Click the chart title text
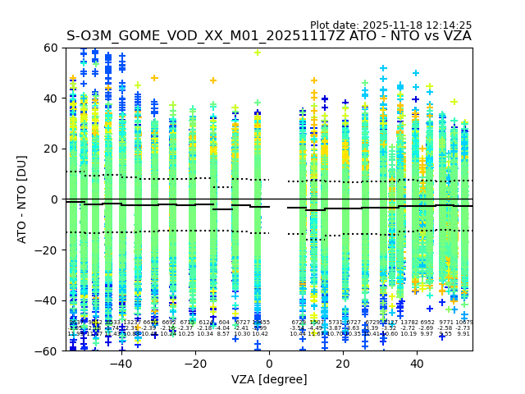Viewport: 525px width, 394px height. tap(269, 36)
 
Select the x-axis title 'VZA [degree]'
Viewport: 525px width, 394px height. tap(269, 380)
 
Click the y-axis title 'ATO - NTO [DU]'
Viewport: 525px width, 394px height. tap(23, 199)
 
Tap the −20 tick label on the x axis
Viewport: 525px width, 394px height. tap(194, 364)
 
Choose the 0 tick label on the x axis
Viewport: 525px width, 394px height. tap(269, 364)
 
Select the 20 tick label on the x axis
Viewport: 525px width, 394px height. tap(343, 364)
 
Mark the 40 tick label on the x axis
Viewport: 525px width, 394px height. tap(417, 364)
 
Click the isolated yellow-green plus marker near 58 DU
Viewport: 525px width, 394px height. tap(258, 53)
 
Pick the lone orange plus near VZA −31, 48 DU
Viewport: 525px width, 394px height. tap(154, 79)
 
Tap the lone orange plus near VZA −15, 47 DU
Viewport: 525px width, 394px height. tap(213, 80)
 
